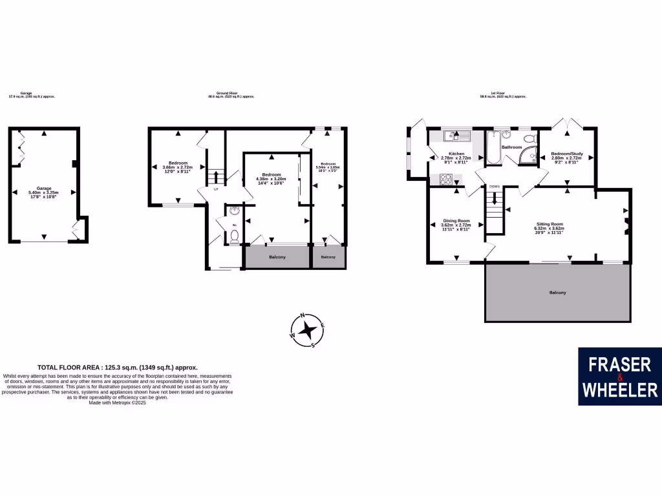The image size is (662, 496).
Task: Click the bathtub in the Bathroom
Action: (495, 147)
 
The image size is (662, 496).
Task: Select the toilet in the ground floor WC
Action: (234, 236)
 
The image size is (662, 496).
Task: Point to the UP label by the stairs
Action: (216, 189)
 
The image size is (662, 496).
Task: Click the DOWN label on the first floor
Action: (495, 186)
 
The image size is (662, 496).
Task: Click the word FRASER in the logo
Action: (619, 365)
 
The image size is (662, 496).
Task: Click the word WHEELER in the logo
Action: (619, 389)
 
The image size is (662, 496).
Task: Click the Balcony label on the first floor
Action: (557, 293)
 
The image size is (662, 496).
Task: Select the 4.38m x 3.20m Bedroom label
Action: (272, 178)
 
